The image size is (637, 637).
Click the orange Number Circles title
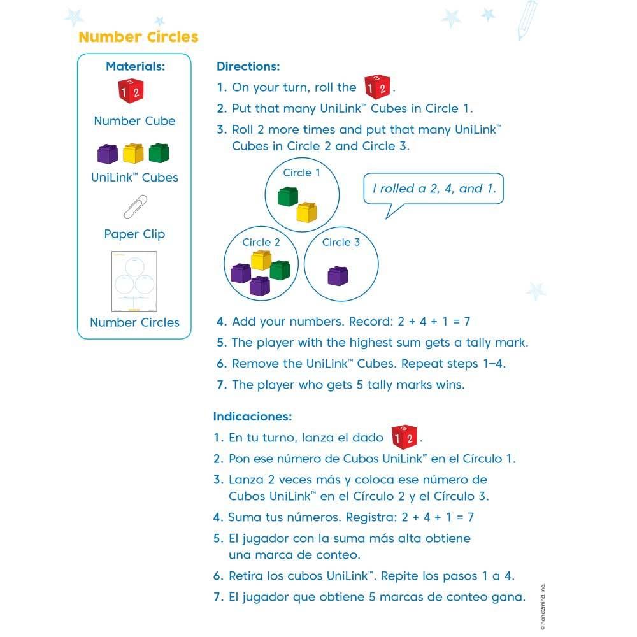[138, 37]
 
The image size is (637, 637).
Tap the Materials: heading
[135, 66]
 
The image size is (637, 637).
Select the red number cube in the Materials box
[131, 91]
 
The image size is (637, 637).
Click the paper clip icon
[135, 206]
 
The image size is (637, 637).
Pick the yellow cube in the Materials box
[134, 154]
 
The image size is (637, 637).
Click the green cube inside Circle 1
[288, 196]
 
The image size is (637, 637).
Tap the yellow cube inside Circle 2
[261, 259]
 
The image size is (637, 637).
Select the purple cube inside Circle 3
[338, 275]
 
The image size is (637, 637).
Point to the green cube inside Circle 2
[280, 269]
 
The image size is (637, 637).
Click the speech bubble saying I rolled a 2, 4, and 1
[433, 189]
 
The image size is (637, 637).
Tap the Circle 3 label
[341, 242]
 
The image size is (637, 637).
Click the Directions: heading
[248, 66]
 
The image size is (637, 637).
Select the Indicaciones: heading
[252, 417]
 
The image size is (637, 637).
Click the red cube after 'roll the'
[376, 87]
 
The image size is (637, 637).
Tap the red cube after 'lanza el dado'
[404, 437]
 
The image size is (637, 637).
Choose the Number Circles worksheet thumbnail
[134, 281]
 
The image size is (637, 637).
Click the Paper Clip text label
[134, 234]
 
